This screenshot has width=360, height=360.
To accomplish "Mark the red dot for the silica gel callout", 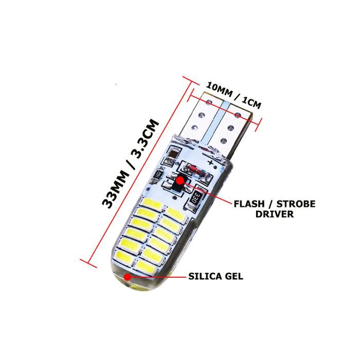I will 126,277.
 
